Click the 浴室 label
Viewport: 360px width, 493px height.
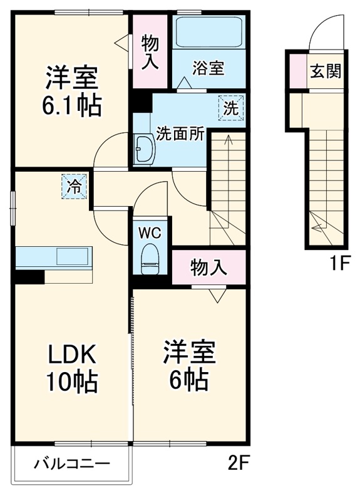tap(208, 68)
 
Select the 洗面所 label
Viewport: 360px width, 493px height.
tap(179, 134)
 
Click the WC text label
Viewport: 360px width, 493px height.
tap(150, 233)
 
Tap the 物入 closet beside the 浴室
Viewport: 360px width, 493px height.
tap(150, 52)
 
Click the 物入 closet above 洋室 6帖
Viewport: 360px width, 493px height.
tap(208, 267)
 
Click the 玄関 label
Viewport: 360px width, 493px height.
tap(325, 70)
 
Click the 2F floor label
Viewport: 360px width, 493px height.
tap(239, 464)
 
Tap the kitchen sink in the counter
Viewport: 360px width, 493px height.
tap(74, 256)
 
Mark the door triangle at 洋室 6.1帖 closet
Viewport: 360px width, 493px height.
tap(122, 41)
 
